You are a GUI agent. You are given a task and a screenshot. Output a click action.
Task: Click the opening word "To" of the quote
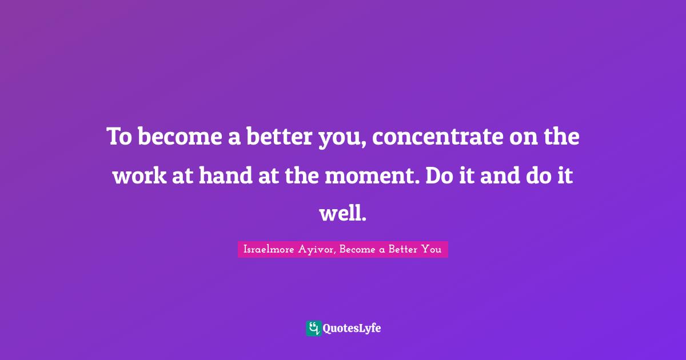click(119, 138)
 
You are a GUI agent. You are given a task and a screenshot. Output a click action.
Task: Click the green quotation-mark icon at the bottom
click(313, 328)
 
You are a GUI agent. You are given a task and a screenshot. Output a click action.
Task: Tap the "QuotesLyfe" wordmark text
click(352, 329)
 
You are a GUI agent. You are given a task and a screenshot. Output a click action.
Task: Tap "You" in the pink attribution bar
click(432, 250)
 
